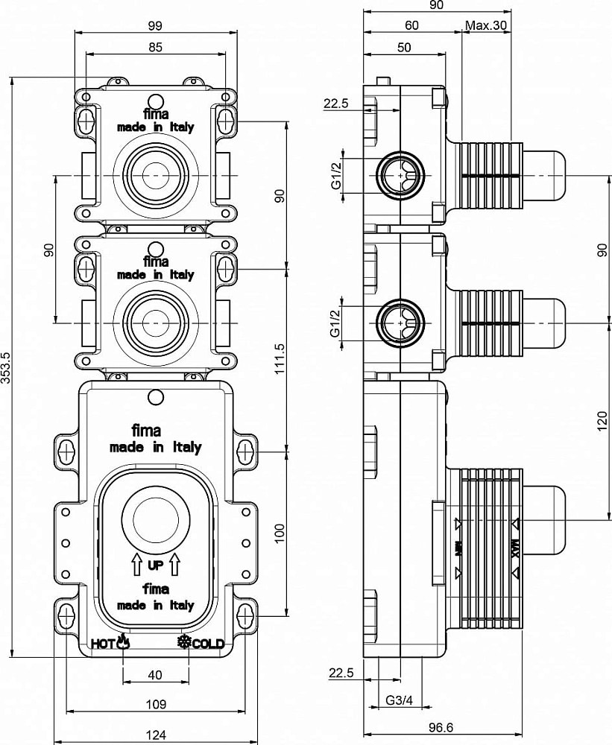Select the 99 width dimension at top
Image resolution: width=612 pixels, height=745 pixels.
(x=155, y=25)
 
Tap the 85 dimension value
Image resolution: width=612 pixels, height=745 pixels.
(x=155, y=45)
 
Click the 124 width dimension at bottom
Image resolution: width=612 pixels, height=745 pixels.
(x=155, y=735)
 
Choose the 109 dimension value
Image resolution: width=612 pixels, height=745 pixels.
(x=155, y=704)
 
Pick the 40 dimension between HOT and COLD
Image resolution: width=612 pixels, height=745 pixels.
(x=155, y=675)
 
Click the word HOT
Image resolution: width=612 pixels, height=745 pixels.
(x=101, y=643)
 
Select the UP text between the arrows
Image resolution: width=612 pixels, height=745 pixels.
(x=155, y=565)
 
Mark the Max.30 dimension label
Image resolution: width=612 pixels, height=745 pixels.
(x=486, y=25)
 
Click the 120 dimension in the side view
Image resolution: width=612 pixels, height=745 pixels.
(x=602, y=424)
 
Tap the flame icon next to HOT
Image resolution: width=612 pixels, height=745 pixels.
(x=123, y=641)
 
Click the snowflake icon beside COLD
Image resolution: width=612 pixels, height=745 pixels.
(x=183, y=642)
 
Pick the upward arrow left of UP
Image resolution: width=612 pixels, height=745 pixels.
(x=136, y=564)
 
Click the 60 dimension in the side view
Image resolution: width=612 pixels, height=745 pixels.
(x=411, y=25)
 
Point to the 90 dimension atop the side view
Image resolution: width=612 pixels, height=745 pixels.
(x=437, y=5)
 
